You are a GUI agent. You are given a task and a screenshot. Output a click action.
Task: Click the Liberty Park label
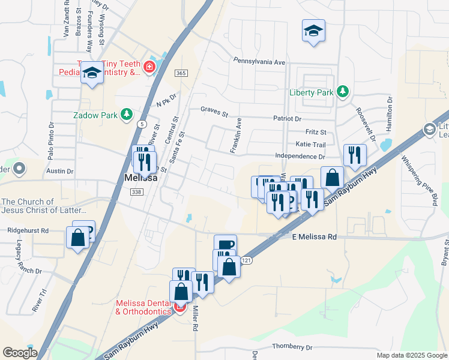click(311, 92)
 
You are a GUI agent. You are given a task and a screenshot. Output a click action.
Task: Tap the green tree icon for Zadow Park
click(126, 114)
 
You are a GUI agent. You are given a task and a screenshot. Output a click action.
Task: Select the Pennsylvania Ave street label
click(259, 62)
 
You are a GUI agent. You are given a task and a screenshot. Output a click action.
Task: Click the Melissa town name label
click(140, 178)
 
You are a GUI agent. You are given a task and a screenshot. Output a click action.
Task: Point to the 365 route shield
click(181, 73)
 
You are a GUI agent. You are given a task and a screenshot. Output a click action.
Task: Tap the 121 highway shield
click(246, 260)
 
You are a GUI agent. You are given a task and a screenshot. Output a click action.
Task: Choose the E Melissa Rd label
click(313, 237)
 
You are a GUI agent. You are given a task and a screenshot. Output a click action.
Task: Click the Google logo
click(20, 352)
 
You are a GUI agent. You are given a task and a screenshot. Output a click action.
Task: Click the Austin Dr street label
click(60, 171)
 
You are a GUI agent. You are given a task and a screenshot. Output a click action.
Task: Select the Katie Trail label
click(310, 145)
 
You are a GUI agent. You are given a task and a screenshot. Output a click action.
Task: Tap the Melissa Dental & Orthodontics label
click(144, 308)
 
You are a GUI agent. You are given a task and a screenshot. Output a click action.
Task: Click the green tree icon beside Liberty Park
click(342, 91)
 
